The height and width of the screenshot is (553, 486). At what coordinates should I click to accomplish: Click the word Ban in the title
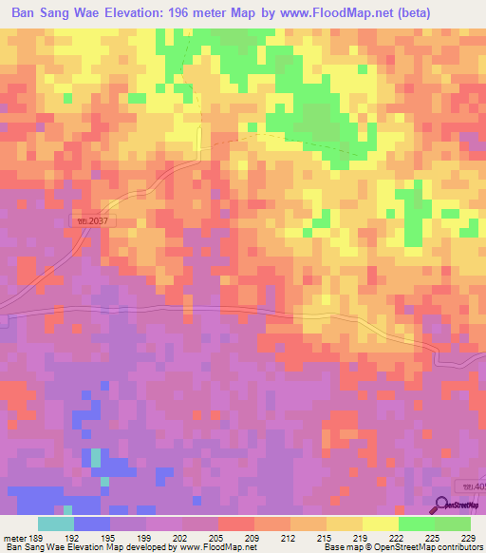26,13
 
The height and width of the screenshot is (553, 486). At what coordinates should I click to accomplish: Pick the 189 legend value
38,536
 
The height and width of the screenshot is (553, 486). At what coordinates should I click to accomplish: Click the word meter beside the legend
14,536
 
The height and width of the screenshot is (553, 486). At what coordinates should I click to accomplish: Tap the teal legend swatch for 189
55,524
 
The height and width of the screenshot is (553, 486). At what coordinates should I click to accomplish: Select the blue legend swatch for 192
91,524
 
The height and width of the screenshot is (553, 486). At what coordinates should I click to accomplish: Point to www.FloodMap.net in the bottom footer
199,547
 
